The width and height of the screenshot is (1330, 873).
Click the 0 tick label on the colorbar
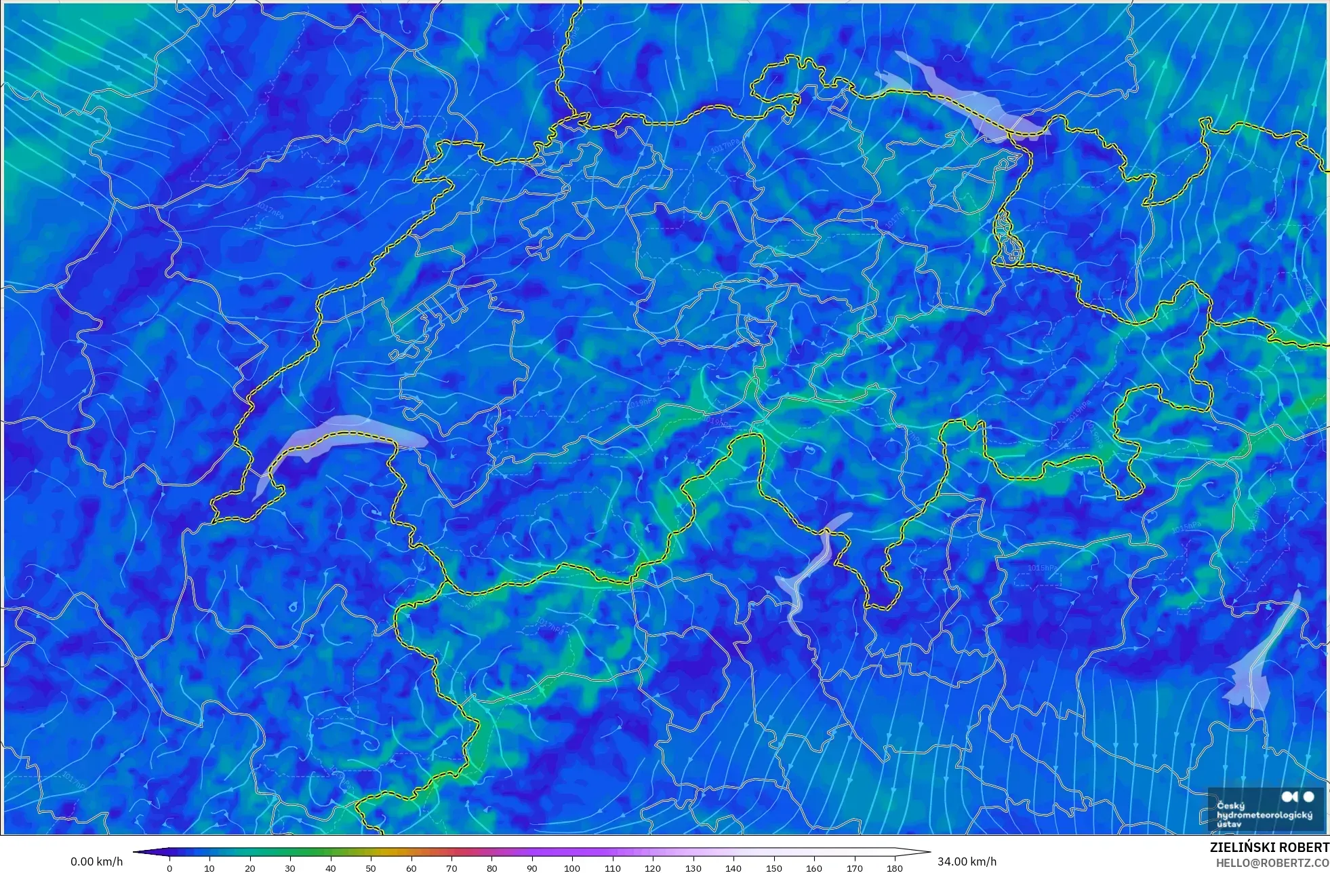click(x=169, y=868)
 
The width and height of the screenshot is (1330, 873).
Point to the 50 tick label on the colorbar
click(x=371, y=868)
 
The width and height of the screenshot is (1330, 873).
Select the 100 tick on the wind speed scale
click(x=572, y=868)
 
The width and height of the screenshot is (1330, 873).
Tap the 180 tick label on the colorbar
click(x=895, y=868)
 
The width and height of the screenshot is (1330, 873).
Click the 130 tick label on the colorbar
click(x=693, y=868)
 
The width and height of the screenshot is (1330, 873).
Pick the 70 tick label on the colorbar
click(x=451, y=868)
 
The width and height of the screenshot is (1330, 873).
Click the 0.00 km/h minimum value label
click(x=97, y=861)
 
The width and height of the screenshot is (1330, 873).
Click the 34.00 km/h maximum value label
click(x=967, y=861)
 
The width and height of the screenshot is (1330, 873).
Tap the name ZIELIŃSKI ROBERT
click(x=1269, y=847)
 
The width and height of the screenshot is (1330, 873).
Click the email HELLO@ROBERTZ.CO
click(x=1272, y=863)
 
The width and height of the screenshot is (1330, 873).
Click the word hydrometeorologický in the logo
click(x=1264, y=815)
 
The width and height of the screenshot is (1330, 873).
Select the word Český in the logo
click(x=1230, y=806)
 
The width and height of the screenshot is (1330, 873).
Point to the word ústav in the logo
click(x=1228, y=824)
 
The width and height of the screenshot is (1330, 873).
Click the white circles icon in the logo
click(x=1298, y=796)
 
